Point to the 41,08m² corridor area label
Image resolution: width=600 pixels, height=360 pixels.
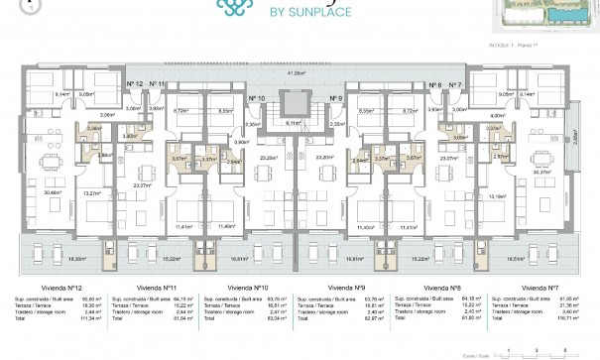point(296,73)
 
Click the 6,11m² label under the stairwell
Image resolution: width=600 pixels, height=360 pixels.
point(296,124)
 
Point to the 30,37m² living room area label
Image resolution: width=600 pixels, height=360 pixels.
point(542,172)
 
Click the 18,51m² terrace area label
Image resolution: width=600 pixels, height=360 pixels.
point(544,258)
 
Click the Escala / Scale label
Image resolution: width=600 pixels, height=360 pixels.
point(489,350)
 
